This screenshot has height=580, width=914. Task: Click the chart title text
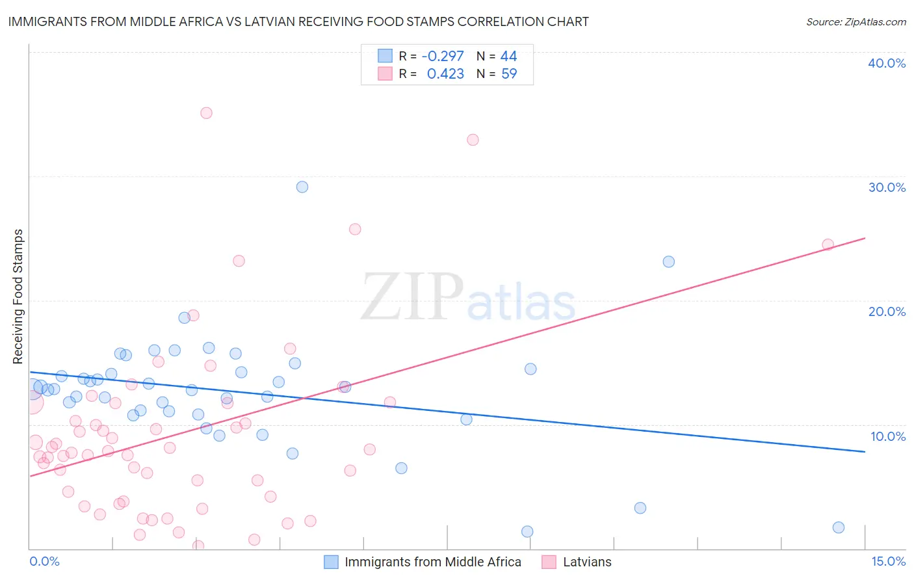298,21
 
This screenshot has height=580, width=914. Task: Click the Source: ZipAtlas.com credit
855,21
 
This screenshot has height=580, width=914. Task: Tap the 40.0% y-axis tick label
887,63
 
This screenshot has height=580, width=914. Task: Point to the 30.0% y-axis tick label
887,187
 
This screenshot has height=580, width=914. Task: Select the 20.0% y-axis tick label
887,311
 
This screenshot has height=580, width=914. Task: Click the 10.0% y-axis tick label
888,436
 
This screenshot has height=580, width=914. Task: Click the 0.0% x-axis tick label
44,561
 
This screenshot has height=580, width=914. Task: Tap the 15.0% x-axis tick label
888,561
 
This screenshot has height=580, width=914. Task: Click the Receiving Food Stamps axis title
18,297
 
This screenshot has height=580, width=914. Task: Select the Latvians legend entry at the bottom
587,562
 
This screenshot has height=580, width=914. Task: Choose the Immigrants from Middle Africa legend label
432,562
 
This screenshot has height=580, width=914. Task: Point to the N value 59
509,74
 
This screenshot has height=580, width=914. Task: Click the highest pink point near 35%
206,113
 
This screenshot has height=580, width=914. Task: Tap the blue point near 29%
302,187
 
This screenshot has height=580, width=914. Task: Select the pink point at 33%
473,140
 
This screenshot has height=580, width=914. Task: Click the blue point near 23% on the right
668,262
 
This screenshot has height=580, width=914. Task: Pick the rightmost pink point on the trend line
828,245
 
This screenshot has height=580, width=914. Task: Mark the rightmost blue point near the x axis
839,527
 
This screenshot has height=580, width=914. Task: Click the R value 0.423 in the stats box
445,74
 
